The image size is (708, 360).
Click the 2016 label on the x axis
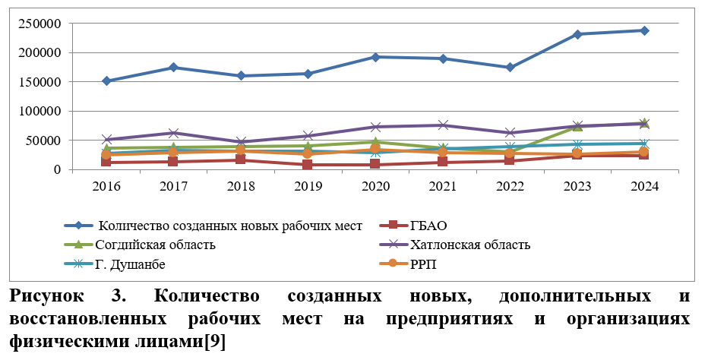click(106, 186)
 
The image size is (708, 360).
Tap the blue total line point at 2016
click(106, 81)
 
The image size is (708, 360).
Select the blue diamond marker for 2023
click(577, 34)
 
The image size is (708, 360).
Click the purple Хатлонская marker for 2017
click(174, 133)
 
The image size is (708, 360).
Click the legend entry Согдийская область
click(155, 245)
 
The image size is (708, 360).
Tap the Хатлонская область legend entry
click(469, 245)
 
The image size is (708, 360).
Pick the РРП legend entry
click(424, 264)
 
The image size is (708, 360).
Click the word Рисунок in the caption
click(53, 295)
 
